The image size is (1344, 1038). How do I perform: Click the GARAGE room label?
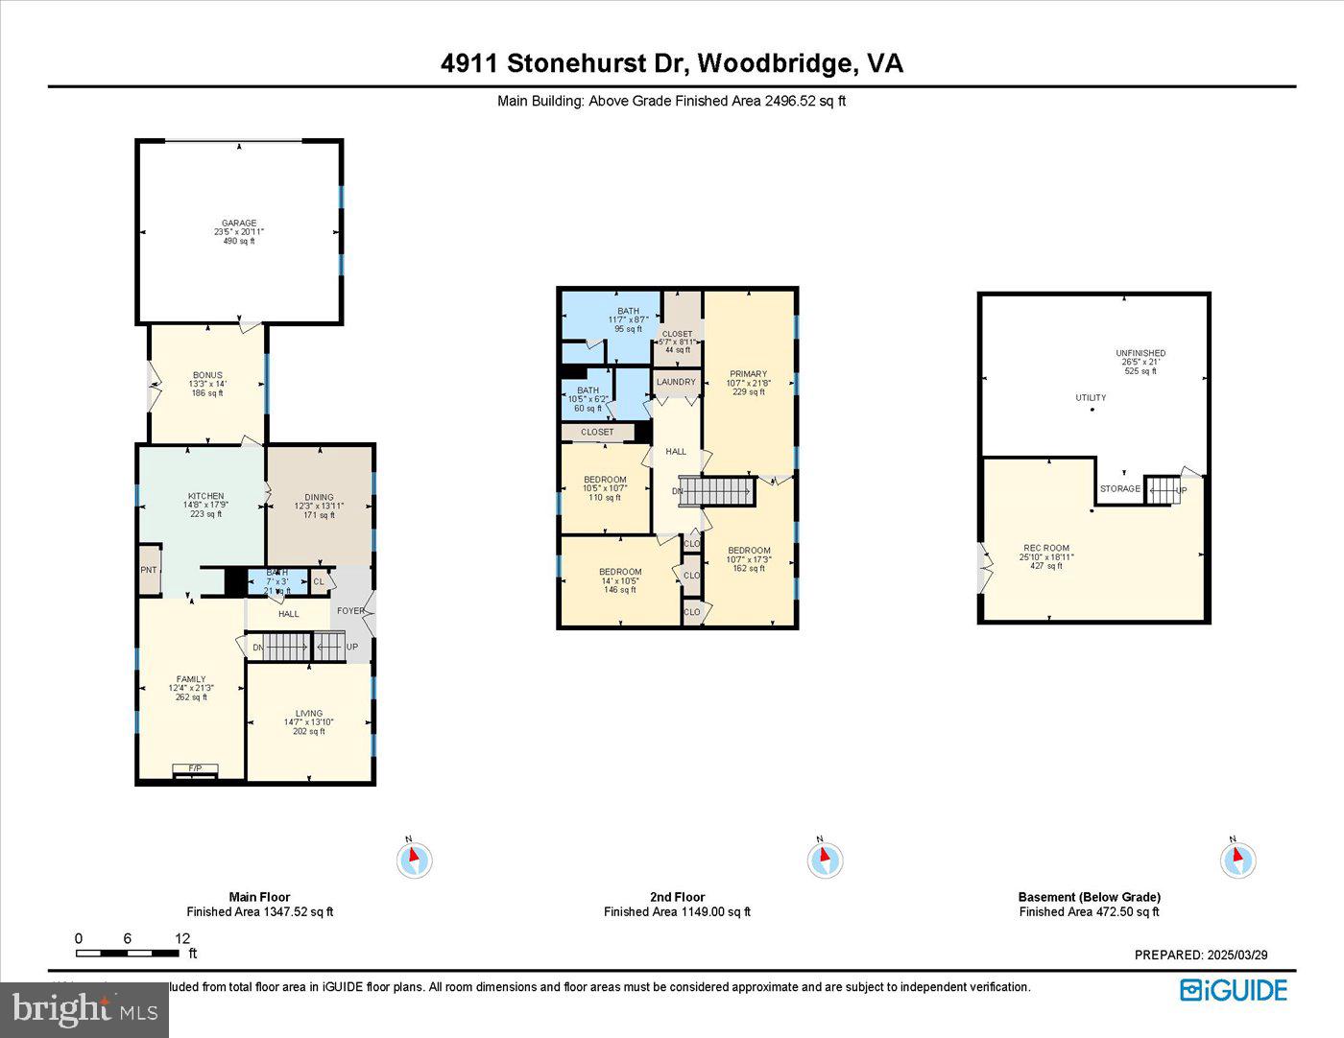click(x=239, y=224)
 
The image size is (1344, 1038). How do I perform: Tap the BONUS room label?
click(x=207, y=375)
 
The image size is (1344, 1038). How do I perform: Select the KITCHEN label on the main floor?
click(x=205, y=496)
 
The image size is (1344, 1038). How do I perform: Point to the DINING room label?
click(x=319, y=497)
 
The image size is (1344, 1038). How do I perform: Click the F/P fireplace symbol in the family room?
click(x=195, y=768)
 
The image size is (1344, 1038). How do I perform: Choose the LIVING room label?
click(x=309, y=714)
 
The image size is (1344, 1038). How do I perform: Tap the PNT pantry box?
click(x=149, y=570)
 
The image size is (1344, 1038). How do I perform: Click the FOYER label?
click(x=350, y=611)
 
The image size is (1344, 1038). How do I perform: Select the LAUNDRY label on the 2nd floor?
click(x=676, y=382)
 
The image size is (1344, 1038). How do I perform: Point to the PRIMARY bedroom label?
click(x=748, y=374)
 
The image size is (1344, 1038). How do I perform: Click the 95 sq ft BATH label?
click(x=628, y=311)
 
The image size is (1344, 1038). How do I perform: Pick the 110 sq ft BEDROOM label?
click(x=605, y=480)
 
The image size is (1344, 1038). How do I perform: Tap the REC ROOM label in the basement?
click(x=1046, y=549)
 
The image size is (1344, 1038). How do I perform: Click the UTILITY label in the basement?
click(x=1091, y=397)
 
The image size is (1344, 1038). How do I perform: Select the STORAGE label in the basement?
click(x=1120, y=489)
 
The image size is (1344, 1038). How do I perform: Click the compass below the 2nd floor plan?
click(x=825, y=859)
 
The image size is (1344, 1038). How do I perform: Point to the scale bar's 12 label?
click(x=182, y=938)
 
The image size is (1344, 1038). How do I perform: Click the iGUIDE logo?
click(x=1234, y=990)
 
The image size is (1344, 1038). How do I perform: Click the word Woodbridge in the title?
click(x=777, y=63)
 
